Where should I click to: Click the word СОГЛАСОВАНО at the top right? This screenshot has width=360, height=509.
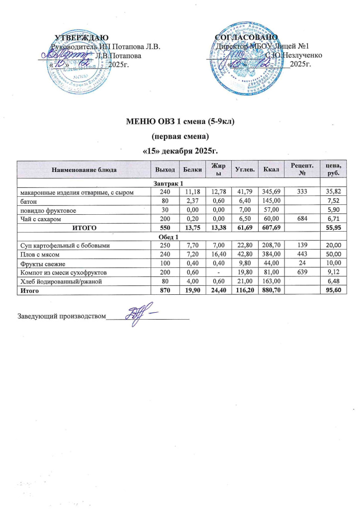tap(246, 37)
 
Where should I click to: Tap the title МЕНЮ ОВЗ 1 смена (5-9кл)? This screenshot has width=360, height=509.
tap(180, 121)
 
